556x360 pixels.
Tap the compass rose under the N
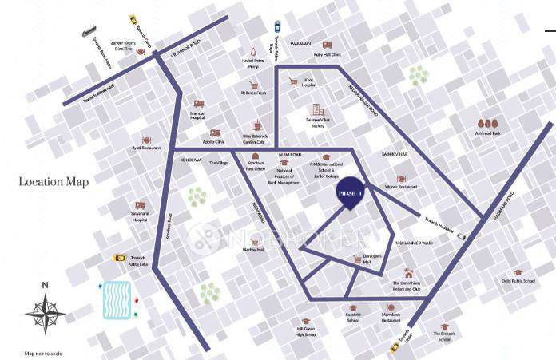[46, 313]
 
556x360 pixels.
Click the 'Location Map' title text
[54, 182]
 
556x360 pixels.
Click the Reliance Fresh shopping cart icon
[249, 81]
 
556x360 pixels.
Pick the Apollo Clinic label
[213, 142]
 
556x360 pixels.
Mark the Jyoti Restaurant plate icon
[146, 139]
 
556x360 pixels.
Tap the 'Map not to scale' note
[42, 354]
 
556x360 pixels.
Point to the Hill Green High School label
[306, 332]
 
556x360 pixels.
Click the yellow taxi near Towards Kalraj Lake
[120, 257]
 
